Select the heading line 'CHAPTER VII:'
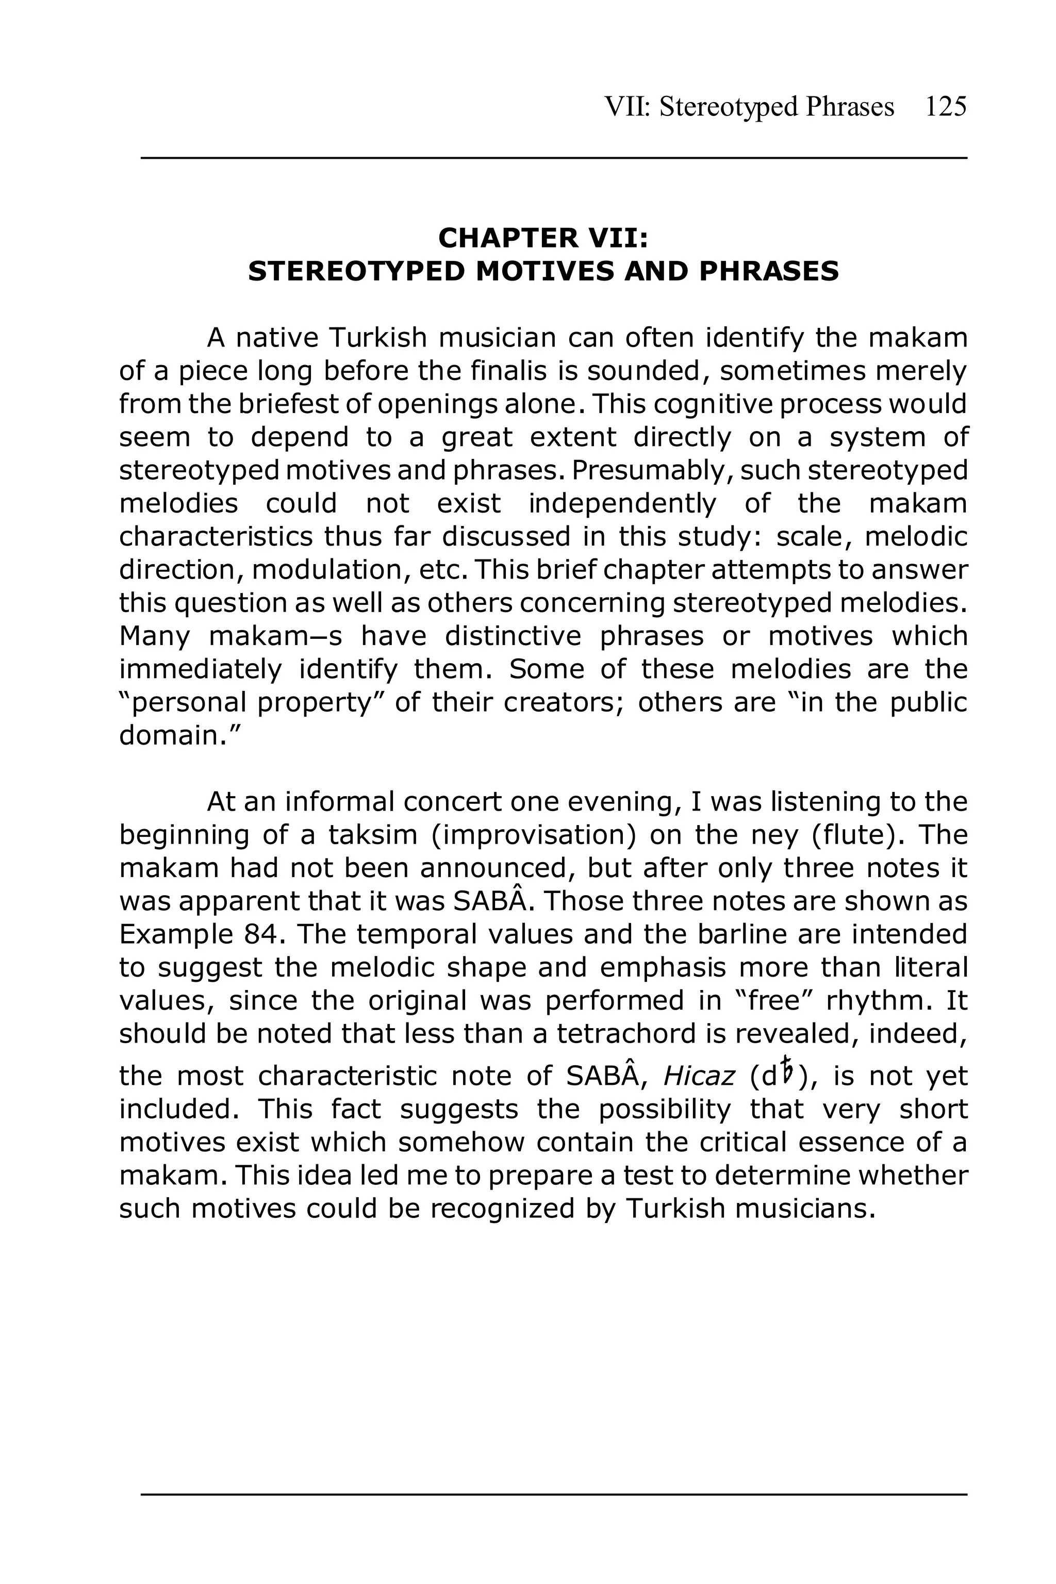543,238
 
